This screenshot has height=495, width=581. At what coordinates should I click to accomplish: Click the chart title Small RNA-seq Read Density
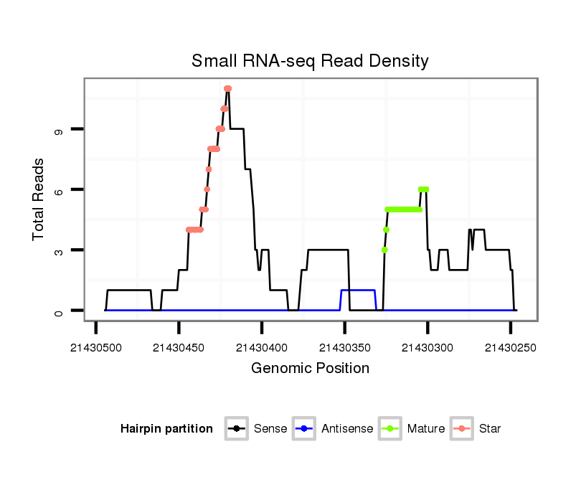point(310,61)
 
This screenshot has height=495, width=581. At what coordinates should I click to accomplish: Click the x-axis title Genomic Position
point(310,369)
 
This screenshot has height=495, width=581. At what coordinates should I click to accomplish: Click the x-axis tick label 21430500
point(96,347)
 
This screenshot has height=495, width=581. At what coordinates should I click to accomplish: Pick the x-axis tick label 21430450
point(179,347)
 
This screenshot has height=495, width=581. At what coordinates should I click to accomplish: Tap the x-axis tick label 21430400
point(262,347)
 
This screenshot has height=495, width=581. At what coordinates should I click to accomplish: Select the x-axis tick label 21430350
point(345,347)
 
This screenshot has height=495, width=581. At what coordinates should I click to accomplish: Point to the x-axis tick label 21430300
point(428,347)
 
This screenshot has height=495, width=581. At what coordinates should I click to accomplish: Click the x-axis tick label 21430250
point(511,347)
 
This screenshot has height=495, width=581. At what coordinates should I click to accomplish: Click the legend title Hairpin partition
point(166,429)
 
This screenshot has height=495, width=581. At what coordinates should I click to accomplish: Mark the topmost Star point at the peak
point(227,88)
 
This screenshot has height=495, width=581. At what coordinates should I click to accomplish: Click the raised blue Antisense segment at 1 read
point(358,290)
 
